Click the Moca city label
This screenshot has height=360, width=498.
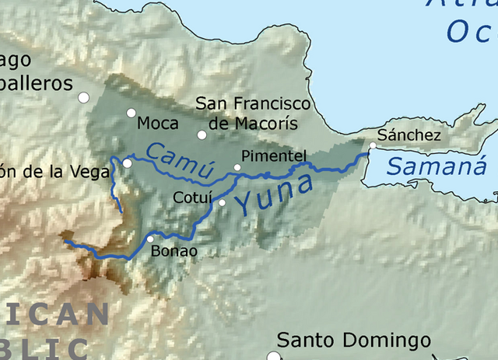(158, 123)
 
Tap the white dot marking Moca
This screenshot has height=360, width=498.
(132, 113)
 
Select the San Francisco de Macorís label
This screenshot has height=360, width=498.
(253, 113)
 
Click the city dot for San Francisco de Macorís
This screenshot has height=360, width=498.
(202, 135)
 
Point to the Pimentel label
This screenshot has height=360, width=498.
(275, 156)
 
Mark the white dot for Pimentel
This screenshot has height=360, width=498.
(238, 167)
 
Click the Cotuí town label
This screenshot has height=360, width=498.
(192, 197)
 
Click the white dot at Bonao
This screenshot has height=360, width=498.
(149, 239)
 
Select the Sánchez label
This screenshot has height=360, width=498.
(409, 135)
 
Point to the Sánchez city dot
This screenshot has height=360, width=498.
(373, 145)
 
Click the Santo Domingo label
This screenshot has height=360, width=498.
(354, 341)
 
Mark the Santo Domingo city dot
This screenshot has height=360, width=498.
(273, 356)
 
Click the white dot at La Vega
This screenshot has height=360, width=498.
(128, 163)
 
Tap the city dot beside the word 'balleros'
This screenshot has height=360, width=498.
(83, 97)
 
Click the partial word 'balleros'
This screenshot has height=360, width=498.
(36, 84)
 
